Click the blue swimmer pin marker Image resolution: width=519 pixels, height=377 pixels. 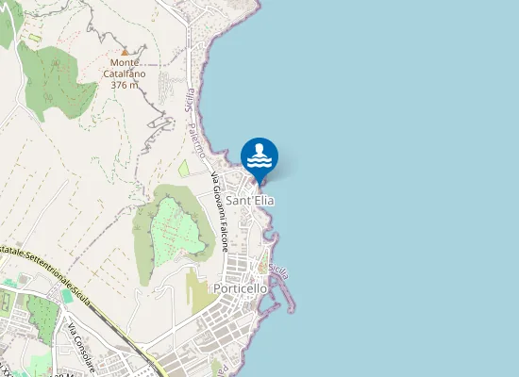(x=259, y=156)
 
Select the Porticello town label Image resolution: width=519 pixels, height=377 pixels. (x=243, y=287)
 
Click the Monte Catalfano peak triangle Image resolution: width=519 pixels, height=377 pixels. (x=125, y=51)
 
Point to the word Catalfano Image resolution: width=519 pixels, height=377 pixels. (x=125, y=74)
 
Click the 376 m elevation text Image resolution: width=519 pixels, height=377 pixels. (x=125, y=85)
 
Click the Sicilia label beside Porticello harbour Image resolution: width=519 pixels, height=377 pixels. (x=278, y=270)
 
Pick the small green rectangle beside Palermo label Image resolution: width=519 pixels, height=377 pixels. (x=183, y=169)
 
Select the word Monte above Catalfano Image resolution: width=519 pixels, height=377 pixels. (x=125, y=63)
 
